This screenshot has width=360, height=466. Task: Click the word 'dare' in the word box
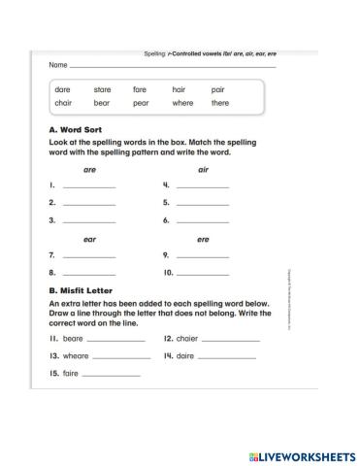[x=63, y=89]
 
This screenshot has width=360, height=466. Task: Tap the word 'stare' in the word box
[x=102, y=89]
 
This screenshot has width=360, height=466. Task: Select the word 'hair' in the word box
[x=179, y=89]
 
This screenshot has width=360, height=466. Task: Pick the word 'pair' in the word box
[x=217, y=89]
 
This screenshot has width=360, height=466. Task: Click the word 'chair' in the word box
[x=64, y=102]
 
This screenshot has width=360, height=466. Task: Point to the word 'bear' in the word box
[x=102, y=102]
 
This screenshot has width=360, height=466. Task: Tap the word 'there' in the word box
[x=220, y=102]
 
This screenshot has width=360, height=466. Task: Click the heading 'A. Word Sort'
[x=75, y=129]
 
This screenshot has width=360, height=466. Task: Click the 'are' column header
[x=89, y=169]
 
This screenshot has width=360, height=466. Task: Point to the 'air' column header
[x=203, y=169]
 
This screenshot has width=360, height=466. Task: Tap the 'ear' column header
[x=89, y=239]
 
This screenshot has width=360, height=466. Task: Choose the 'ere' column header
[x=203, y=239]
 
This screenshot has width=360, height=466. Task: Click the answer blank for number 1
[x=88, y=186]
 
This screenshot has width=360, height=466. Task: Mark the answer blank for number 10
[x=203, y=274]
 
